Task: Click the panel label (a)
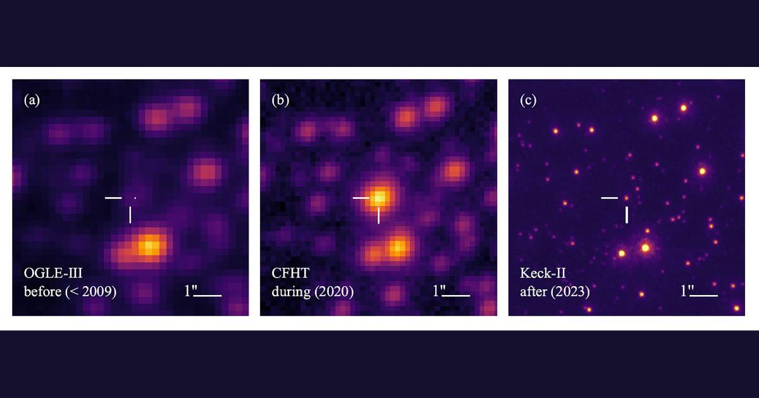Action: click(32, 100)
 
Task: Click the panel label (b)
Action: click(280, 100)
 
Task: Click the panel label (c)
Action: click(528, 100)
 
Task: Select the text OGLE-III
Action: click(48, 275)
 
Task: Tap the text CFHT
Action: click(288, 275)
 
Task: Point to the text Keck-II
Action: click(539, 275)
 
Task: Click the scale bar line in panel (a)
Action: click(210, 295)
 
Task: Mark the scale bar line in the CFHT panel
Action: click(458, 295)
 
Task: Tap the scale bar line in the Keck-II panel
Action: click(706, 295)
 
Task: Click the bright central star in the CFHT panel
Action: click(379, 196)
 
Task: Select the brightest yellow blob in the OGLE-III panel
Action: click(149, 245)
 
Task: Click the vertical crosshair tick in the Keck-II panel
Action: click(627, 215)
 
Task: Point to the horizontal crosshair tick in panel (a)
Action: click(113, 198)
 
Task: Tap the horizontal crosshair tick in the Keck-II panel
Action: click(609, 198)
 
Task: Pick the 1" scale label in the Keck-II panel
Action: click(686, 291)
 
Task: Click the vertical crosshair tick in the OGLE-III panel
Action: click(130, 215)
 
